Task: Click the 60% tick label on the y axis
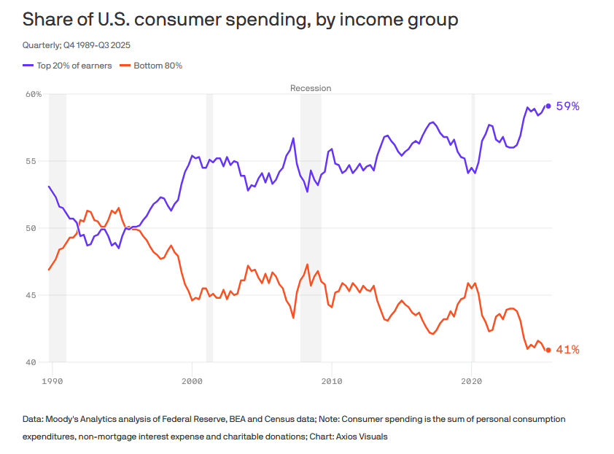coord(34,94)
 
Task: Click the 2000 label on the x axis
coord(192,381)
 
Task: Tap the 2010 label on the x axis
coord(332,381)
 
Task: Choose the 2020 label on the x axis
coord(472,381)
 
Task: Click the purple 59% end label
coord(567,106)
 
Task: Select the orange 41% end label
coord(567,350)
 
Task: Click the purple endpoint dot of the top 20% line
coord(548,106)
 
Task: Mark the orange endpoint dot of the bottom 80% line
coord(548,350)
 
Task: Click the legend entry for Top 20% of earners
coord(69,66)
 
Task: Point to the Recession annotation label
coord(311,88)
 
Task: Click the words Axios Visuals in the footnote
coord(360,437)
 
